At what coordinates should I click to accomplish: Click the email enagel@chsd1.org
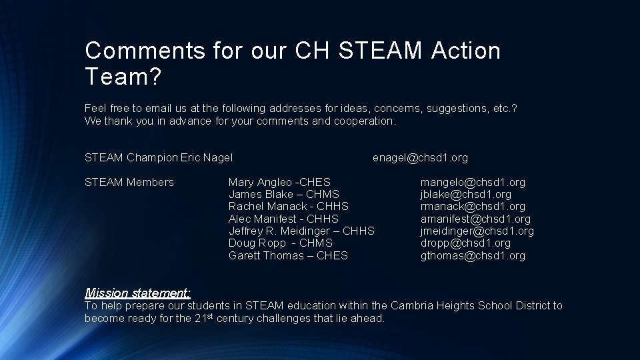click(420, 158)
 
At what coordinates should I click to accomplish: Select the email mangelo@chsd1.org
click(473, 182)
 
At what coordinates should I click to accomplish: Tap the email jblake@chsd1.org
click(465, 195)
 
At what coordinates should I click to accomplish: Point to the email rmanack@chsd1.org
click(473, 207)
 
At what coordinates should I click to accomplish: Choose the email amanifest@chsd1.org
click(475, 219)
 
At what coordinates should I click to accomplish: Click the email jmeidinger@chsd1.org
click(477, 231)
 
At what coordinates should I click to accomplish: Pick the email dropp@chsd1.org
click(465, 243)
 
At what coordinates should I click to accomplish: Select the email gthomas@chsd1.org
click(473, 256)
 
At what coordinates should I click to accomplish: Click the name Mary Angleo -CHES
click(279, 182)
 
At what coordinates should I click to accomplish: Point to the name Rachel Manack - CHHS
click(288, 207)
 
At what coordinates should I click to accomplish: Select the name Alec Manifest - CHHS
click(283, 219)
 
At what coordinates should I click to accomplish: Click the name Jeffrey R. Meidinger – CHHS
click(301, 231)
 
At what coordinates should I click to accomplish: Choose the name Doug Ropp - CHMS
click(280, 243)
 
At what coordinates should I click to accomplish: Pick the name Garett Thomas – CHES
click(288, 256)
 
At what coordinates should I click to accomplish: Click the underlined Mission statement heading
click(138, 293)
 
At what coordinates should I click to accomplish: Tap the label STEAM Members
click(129, 182)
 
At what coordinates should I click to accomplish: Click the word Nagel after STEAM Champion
click(217, 158)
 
